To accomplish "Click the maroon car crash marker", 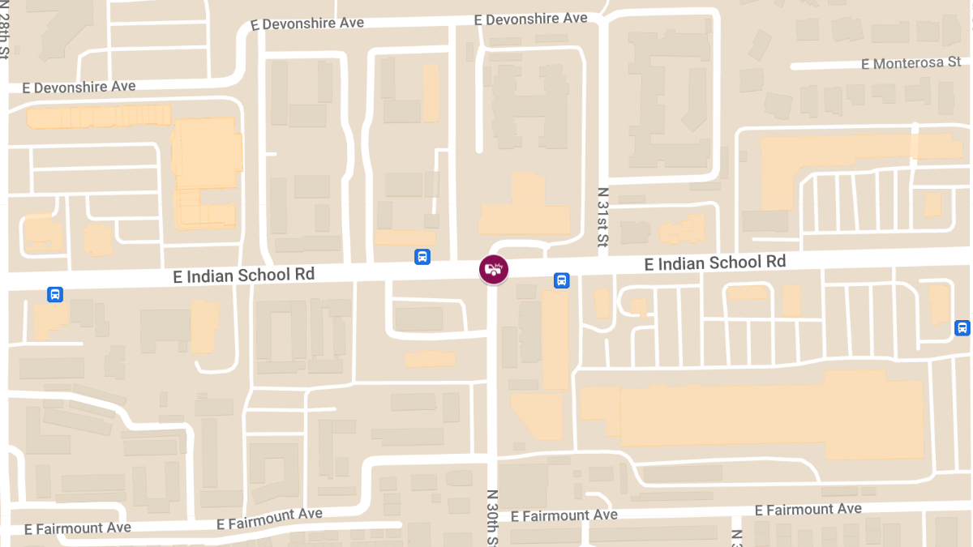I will click(493, 269).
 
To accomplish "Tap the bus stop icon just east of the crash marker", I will click(561, 280).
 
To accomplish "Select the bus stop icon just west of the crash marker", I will click(422, 257).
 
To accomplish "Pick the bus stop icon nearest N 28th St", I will click(54, 294).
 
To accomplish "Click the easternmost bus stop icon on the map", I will click(962, 327).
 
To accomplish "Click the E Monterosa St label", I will click(911, 63).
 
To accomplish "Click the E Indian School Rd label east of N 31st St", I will click(714, 263).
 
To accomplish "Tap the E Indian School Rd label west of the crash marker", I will click(243, 275).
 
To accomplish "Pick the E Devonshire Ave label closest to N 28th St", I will click(79, 86).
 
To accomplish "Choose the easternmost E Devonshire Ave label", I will click(531, 18).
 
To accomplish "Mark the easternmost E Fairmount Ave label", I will click(808, 509).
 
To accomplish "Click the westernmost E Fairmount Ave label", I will click(77, 528).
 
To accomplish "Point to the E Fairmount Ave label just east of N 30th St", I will click(564, 515).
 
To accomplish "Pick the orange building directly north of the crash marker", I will click(525, 209).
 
